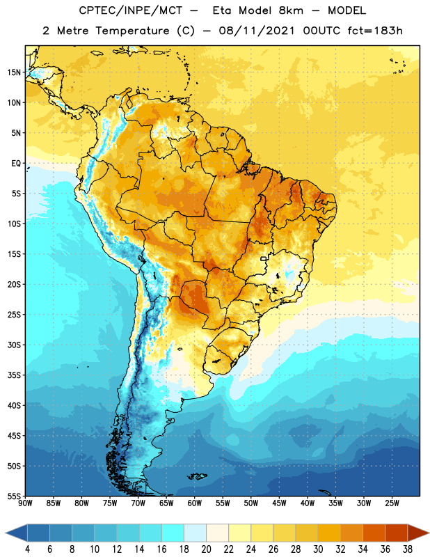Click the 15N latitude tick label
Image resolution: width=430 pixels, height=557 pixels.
14,72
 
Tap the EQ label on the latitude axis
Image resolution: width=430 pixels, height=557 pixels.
16,164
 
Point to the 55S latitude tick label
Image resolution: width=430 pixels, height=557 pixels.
14,496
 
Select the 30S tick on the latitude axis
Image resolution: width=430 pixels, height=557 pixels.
14,345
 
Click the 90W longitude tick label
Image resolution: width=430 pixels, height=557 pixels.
25,503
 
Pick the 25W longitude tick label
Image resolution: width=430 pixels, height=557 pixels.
392,503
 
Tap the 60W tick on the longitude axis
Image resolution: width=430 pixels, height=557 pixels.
195,503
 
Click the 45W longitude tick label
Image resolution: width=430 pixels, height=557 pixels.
279,503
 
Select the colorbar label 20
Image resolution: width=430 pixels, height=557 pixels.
206,549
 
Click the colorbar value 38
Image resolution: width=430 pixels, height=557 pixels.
408,549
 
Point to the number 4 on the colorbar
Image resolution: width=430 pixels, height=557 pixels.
27,549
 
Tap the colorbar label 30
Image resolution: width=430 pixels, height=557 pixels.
318,549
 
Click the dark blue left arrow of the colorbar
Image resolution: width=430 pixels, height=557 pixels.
17,533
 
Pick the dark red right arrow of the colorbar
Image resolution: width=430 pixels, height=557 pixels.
418,533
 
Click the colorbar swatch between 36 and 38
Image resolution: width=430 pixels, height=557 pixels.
397,533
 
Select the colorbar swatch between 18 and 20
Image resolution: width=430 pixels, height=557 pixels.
195,533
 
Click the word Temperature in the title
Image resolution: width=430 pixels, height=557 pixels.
132,31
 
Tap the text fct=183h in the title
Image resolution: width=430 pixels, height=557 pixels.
375,31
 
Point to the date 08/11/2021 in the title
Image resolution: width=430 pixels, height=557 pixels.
257,31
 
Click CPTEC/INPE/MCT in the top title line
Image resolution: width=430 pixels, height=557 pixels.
130,10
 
